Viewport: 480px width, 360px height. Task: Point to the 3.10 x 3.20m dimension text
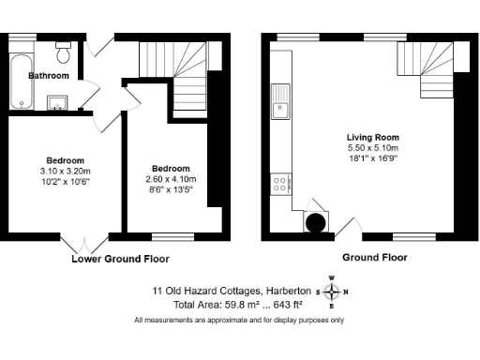coord(66,172)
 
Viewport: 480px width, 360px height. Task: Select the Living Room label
coord(373,137)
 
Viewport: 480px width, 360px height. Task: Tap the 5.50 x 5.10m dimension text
coord(373,148)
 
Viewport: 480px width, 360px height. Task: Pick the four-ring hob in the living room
coord(280,184)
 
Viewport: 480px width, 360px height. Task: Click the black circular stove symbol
coord(317,222)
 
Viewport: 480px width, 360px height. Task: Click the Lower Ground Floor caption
coord(120,258)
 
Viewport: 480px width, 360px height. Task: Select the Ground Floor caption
coord(373,257)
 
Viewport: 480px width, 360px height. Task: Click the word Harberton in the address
coord(290,292)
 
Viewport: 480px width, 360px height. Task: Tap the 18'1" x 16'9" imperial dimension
coord(373,159)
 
